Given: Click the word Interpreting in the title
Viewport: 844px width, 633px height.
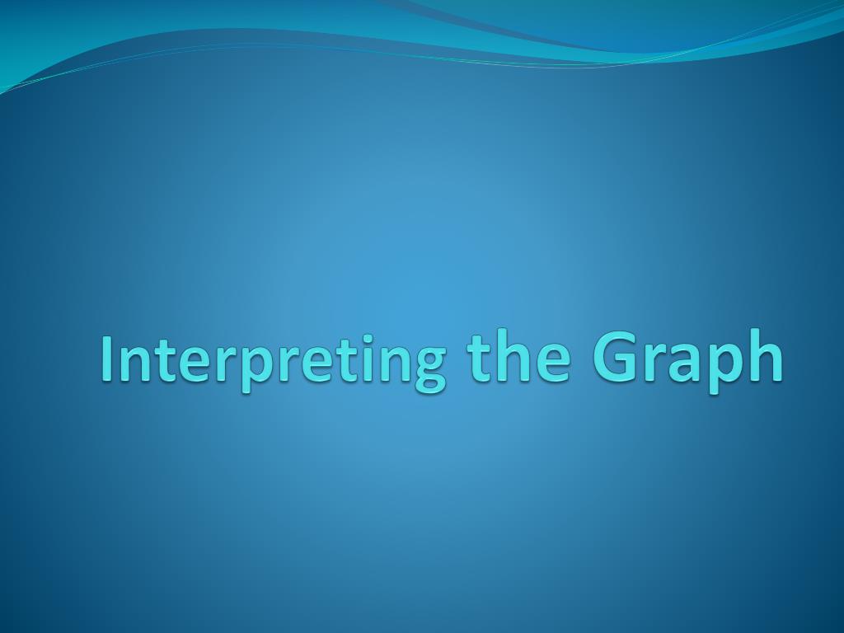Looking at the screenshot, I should point(272,359).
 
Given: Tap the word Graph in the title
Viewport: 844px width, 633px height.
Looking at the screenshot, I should point(687,359).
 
